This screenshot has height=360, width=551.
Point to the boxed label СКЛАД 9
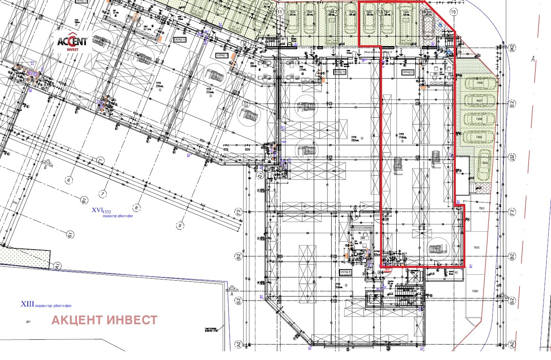click(x=408, y=72)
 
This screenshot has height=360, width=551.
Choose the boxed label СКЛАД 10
click(x=340, y=72)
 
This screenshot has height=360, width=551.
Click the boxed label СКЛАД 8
click(x=346, y=272)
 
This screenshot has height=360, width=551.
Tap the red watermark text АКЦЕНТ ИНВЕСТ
click(x=105, y=320)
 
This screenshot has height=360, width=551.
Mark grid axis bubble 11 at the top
click(x=280, y=12)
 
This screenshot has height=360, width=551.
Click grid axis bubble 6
click(x=69, y=180)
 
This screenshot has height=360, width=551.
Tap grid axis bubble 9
click(x=180, y=226)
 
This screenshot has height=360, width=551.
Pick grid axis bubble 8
click(x=136, y=207)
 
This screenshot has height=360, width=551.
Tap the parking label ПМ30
click(x=476, y=248)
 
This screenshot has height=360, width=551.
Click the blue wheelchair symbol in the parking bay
click(x=440, y=25)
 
